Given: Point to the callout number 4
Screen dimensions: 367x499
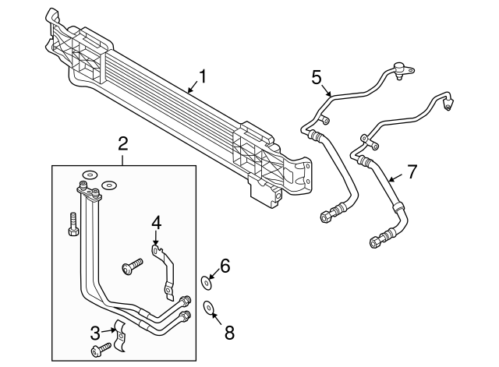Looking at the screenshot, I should pos(156,222).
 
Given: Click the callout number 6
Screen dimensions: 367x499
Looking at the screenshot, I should pos(225,266).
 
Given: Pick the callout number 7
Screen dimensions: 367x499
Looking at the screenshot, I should pos(413,171).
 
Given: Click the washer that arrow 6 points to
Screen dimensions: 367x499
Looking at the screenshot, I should pos(206,281).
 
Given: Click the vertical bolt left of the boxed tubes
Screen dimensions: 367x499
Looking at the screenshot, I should pos(73,225).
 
